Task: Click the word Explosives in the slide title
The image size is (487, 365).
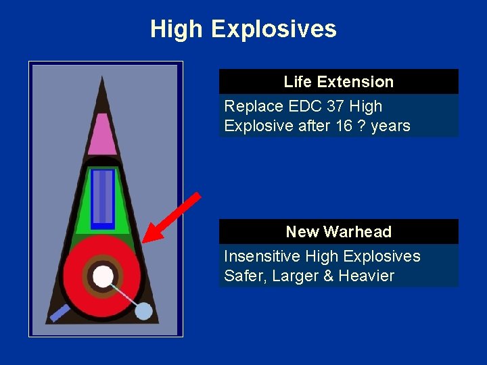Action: pyautogui.click(x=273, y=29)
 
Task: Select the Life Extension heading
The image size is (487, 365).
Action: pyautogui.click(x=338, y=82)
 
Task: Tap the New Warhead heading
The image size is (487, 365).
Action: pyautogui.click(x=338, y=232)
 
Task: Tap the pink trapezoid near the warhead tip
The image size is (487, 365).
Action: pyautogui.click(x=102, y=135)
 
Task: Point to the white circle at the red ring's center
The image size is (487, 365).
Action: pyautogui.click(x=103, y=276)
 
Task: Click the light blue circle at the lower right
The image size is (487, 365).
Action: pyautogui.click(x=143, y=311)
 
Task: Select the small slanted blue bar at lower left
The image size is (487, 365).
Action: pyautogui.click(x=60, y=313)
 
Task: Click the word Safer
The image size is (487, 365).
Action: pyautogui.click(x=244, y=276)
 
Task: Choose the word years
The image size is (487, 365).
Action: pyautogui.click(x=391, y=126)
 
